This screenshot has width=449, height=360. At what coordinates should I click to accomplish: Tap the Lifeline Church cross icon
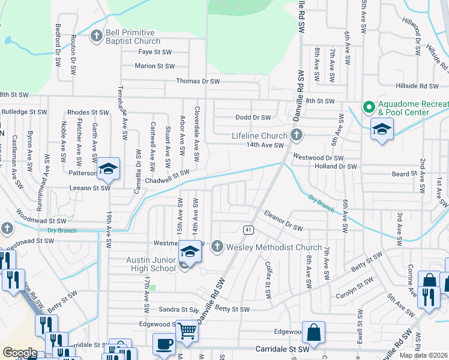[x=296, y=136]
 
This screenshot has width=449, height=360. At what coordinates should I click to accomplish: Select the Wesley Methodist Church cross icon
[x=216, y=247]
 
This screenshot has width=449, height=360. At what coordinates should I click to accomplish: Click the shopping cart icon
[x=188, y=330]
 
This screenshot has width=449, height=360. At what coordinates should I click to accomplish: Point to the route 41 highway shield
[x=247, y=229]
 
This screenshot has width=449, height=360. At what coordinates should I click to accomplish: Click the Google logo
[x=20, y=352]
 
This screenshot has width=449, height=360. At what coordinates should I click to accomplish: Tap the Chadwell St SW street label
[x=167, y=176]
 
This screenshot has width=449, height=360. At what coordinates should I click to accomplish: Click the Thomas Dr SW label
[x=198, y=81]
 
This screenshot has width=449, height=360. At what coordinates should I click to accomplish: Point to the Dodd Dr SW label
[x=253, y=118]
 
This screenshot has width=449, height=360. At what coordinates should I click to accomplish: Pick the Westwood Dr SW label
[x=318, y=157]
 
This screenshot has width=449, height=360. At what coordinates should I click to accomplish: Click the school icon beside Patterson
[x=109, y=169]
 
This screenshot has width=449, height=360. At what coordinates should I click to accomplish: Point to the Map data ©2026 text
[x=424, y=355]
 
